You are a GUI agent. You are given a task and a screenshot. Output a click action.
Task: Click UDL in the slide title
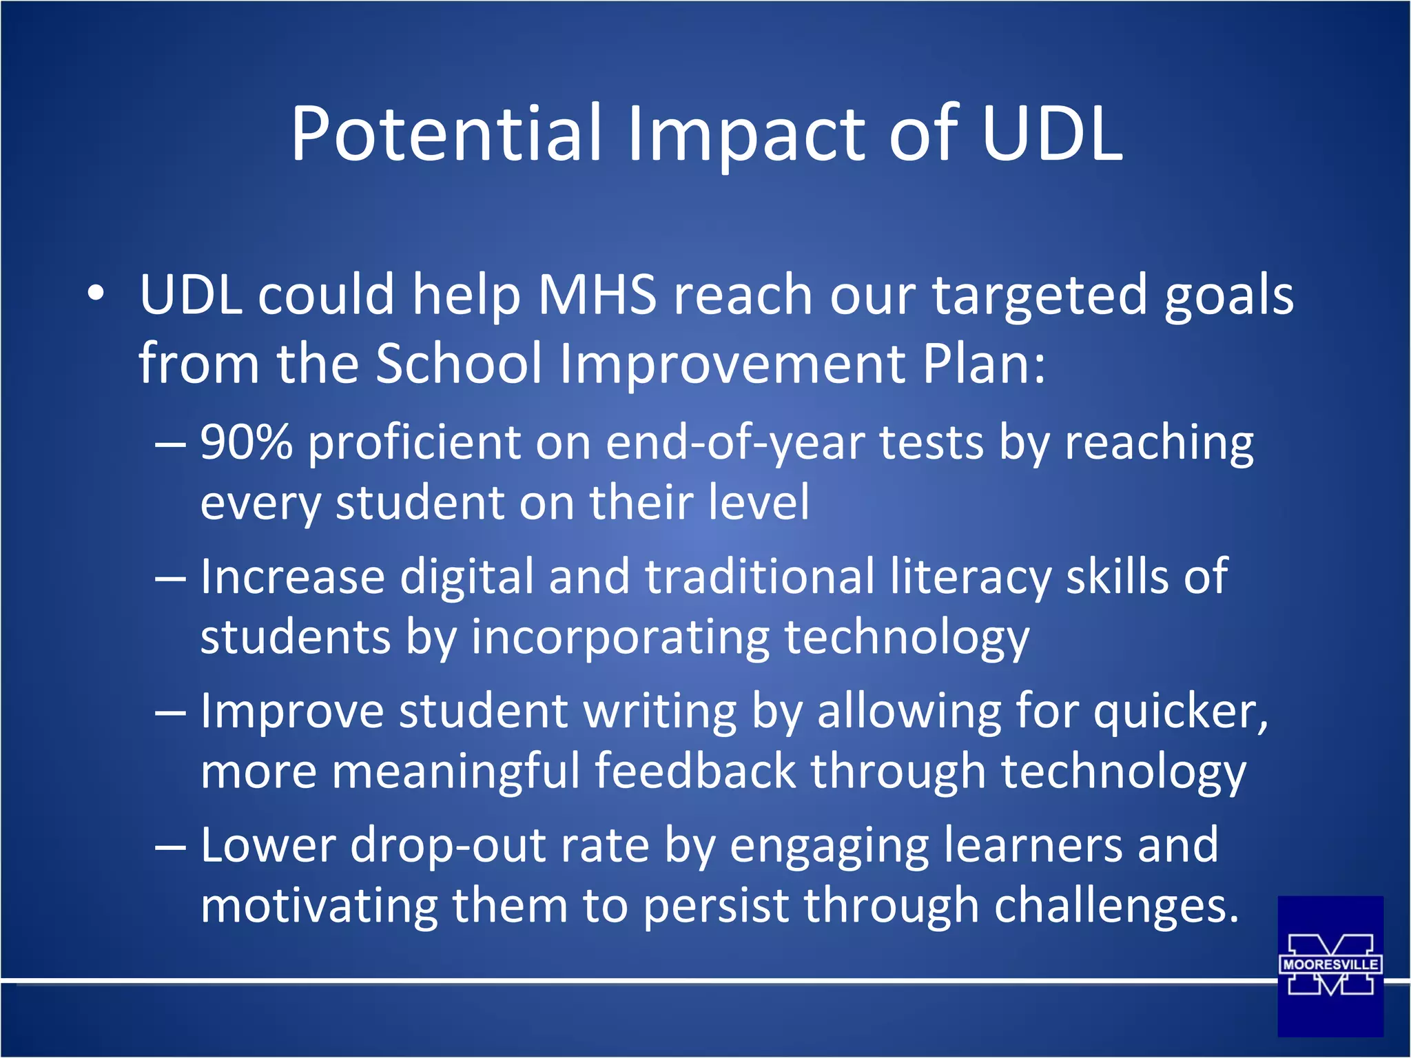[x=1052, y=134]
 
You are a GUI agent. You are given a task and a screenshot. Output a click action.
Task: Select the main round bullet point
[x=96, y=294]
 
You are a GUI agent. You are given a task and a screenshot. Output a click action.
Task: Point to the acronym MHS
[x=597, y=295]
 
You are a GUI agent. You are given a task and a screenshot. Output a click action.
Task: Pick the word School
[x=459, y=364]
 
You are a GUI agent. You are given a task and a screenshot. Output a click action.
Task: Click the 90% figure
[x=246, y=442]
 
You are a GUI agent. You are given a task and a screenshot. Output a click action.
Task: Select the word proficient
[x=414, y=444]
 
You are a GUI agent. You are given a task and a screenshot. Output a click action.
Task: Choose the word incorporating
[x=620, y=638]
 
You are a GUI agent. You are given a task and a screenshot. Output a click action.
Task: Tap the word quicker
[x=1180, y=712]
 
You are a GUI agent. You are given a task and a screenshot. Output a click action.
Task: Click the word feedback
[x=694, y=771]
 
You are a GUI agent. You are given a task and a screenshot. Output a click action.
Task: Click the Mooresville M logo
[x=1330, y=966]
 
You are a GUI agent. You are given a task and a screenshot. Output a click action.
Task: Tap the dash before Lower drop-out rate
[x=170, y=847]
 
